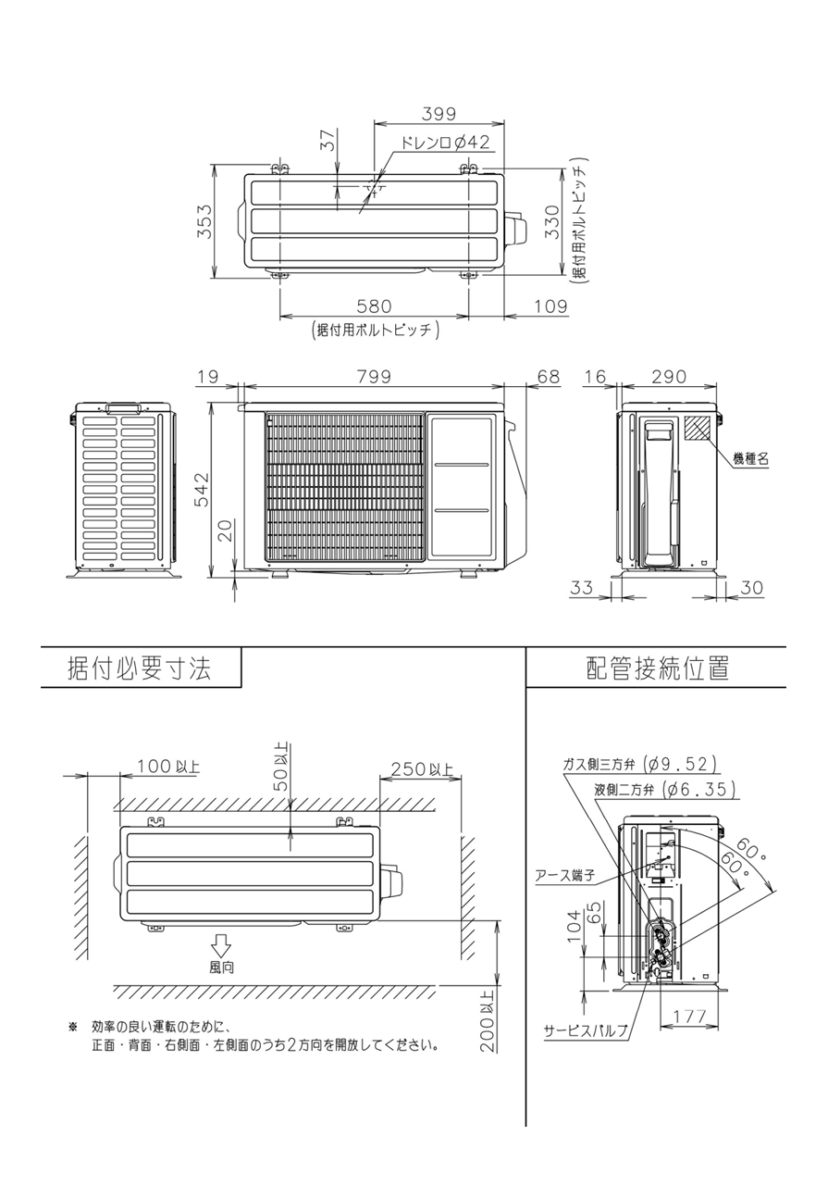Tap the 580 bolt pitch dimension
tap(374, 306)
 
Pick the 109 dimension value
tap(550, 306)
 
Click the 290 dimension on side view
tap(669, 377)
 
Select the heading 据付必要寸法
tap(140, 668)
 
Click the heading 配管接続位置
tap(658, 668)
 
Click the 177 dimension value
tap(689, 1017)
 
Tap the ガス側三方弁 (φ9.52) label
tap(639, 764)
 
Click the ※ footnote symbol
tap(73, 1028)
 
